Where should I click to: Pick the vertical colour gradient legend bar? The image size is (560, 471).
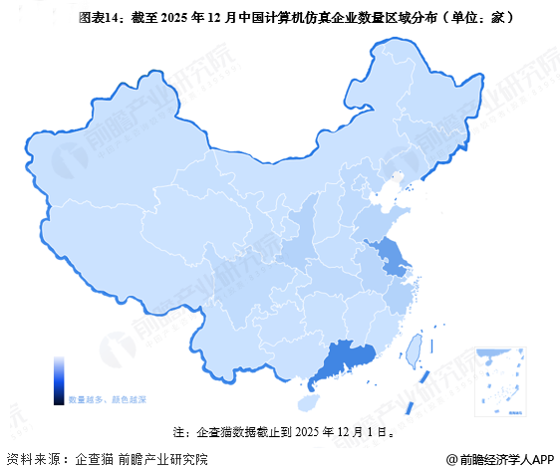pos(59,379)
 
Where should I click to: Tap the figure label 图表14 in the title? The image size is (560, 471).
pos(99,18)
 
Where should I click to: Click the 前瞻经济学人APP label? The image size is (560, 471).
pos(506,459)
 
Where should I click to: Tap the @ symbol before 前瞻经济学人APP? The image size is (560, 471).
pos(451,459)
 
